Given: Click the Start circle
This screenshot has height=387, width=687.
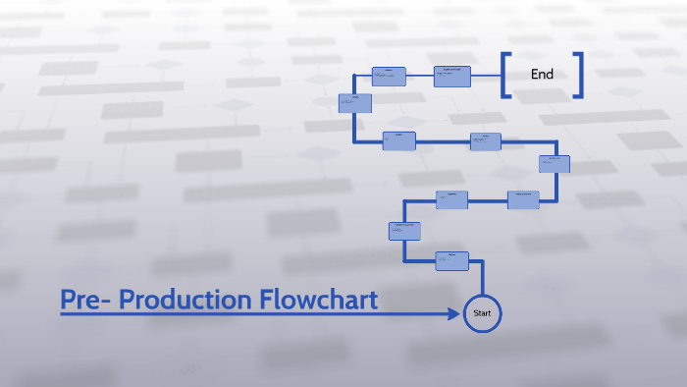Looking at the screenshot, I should [482, 312].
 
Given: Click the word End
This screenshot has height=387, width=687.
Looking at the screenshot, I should [542, 74].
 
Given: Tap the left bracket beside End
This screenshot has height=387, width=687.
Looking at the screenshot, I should [505, 75].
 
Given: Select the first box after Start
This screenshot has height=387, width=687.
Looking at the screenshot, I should [452, 261].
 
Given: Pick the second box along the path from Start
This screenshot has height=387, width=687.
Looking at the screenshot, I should [404, 232].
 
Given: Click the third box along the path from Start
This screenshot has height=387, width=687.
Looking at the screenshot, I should [451, 199].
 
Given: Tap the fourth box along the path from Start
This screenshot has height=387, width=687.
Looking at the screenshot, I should [522, 199].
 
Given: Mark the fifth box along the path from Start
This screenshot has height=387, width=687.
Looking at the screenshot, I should [554, 164].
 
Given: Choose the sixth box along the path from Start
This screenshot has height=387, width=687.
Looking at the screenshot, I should [486, 141].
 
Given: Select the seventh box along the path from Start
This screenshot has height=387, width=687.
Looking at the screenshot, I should [399, 141].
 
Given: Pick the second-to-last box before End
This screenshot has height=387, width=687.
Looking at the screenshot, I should [390, 76].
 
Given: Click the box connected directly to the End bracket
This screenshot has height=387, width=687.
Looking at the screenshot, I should [452, 76].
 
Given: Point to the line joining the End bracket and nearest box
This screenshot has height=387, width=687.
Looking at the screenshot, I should [486, 76].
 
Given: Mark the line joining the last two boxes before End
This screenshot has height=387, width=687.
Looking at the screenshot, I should [420, 76].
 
